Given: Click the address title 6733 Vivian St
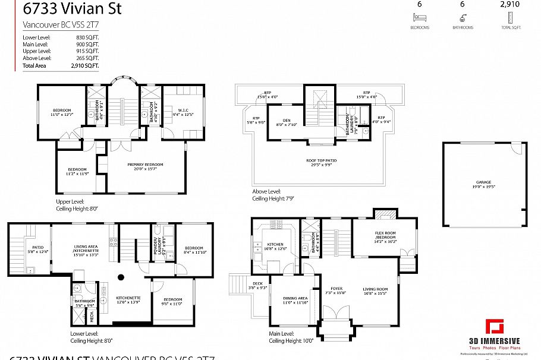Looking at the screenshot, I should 64,9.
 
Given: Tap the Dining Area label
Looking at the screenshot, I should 295,300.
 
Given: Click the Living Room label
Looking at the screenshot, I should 375,291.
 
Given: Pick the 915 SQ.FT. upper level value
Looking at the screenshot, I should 89,51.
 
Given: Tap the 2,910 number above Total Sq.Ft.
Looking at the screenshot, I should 509,4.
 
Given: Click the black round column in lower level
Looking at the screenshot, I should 121,276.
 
